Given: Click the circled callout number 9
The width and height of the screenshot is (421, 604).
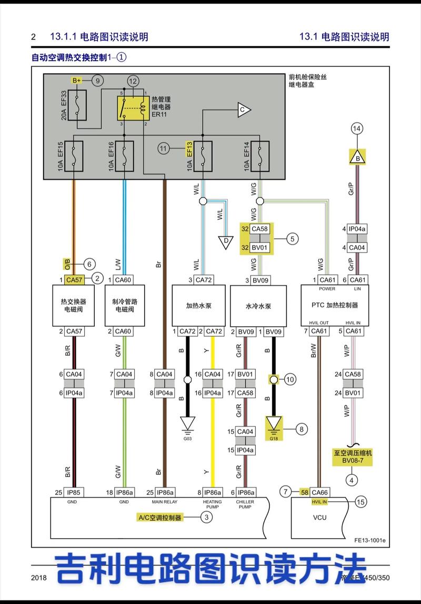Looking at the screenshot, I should pyautogui.click(x=97, y=81).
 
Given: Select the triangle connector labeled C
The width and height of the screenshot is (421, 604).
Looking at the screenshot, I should pyautogui.click(x=243, y=110).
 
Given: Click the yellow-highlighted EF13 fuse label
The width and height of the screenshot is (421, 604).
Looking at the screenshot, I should pyautogui.click(x=189, y=149).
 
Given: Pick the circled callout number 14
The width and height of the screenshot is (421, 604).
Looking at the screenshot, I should pyautogui.click(x=357, y=129).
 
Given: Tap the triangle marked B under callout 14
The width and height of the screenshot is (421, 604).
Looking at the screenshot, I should pyautogui.click(x=358, y=157).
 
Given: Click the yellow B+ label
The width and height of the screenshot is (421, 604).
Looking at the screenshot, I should pyautogui.click(x=77, y=80).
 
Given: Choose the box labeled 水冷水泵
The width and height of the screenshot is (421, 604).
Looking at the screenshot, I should pyautogui.click(x=258, y=306).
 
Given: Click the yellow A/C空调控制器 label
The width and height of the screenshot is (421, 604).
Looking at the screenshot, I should pyautogui.click(x=160, y=518).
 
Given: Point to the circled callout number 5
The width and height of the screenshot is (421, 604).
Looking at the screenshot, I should pyautogui.click(x=293, y=239).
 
